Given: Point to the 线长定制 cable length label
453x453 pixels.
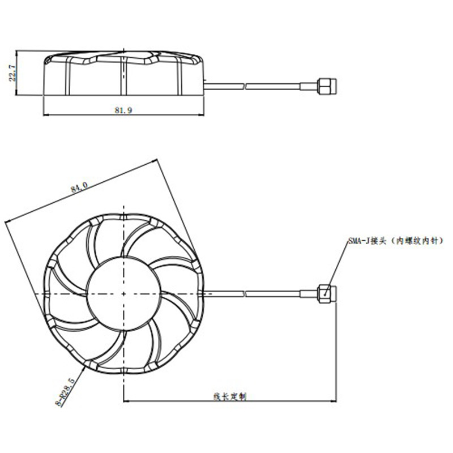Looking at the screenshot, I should pyautogui.click(x=229, y=396).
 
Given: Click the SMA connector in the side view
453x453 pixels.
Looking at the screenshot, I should pyautogui.click(x=325, y=86).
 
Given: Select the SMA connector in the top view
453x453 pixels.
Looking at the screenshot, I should pyautogui.click(x=327, y=293).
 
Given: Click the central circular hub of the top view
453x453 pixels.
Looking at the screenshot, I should pyautogui.click(x=123, y=293).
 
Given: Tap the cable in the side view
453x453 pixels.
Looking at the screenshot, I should pyautogui.click(x=255, y=86).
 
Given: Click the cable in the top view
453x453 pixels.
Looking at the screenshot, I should pyautogui.click(x=255, y=293).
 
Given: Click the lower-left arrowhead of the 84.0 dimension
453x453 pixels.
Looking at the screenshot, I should pyautogui.click(x=7, y=221).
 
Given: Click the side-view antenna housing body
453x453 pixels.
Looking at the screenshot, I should pyautogui.click(x=123, y=76).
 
